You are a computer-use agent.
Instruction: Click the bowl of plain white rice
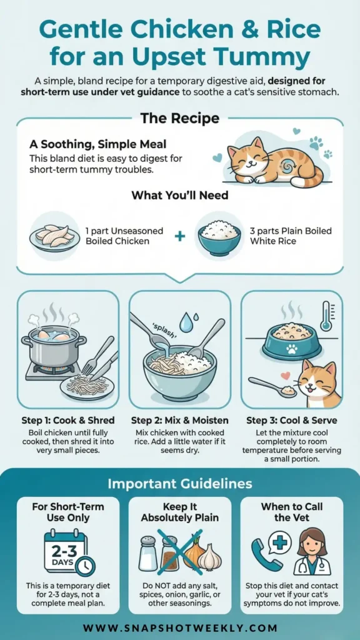tap(219, 237)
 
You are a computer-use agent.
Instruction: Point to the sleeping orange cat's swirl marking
tap(281, 167)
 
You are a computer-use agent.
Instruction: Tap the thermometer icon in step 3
tap(326, 316)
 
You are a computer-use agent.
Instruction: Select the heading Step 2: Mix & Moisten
tap(179, 420)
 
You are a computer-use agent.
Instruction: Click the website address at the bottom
tap(180, 627)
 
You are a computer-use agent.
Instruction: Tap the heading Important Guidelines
tap(180, 484)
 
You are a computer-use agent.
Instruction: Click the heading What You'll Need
tap(179, 195)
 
